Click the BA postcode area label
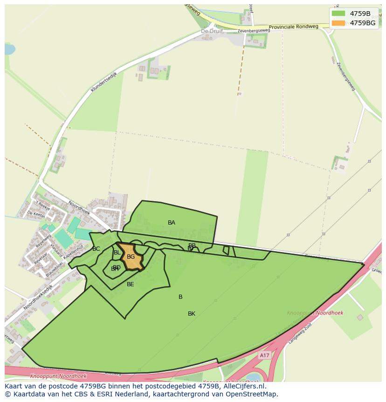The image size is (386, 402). pyautogui.click(x=172, y=223)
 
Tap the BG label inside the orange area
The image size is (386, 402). pyautogui.click(x=131, y=257)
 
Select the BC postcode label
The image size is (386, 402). pyautogui.click(x=96, y=249)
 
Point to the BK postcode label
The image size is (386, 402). pyautogui.click(x=192, y=314)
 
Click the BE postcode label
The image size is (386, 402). pyautogui.click(x=131, y=284)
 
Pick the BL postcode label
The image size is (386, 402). pyautogui.click(x=117, y=253)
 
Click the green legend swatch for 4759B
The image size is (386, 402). pyautogui.click(x=338, y=14)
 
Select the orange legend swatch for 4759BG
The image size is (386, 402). pyautogui.click(x=338, y=23)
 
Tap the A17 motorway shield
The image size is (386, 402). pyautogui.click(x=264, y=355)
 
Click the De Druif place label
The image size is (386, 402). pyautogui.click(x=212, y=31)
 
